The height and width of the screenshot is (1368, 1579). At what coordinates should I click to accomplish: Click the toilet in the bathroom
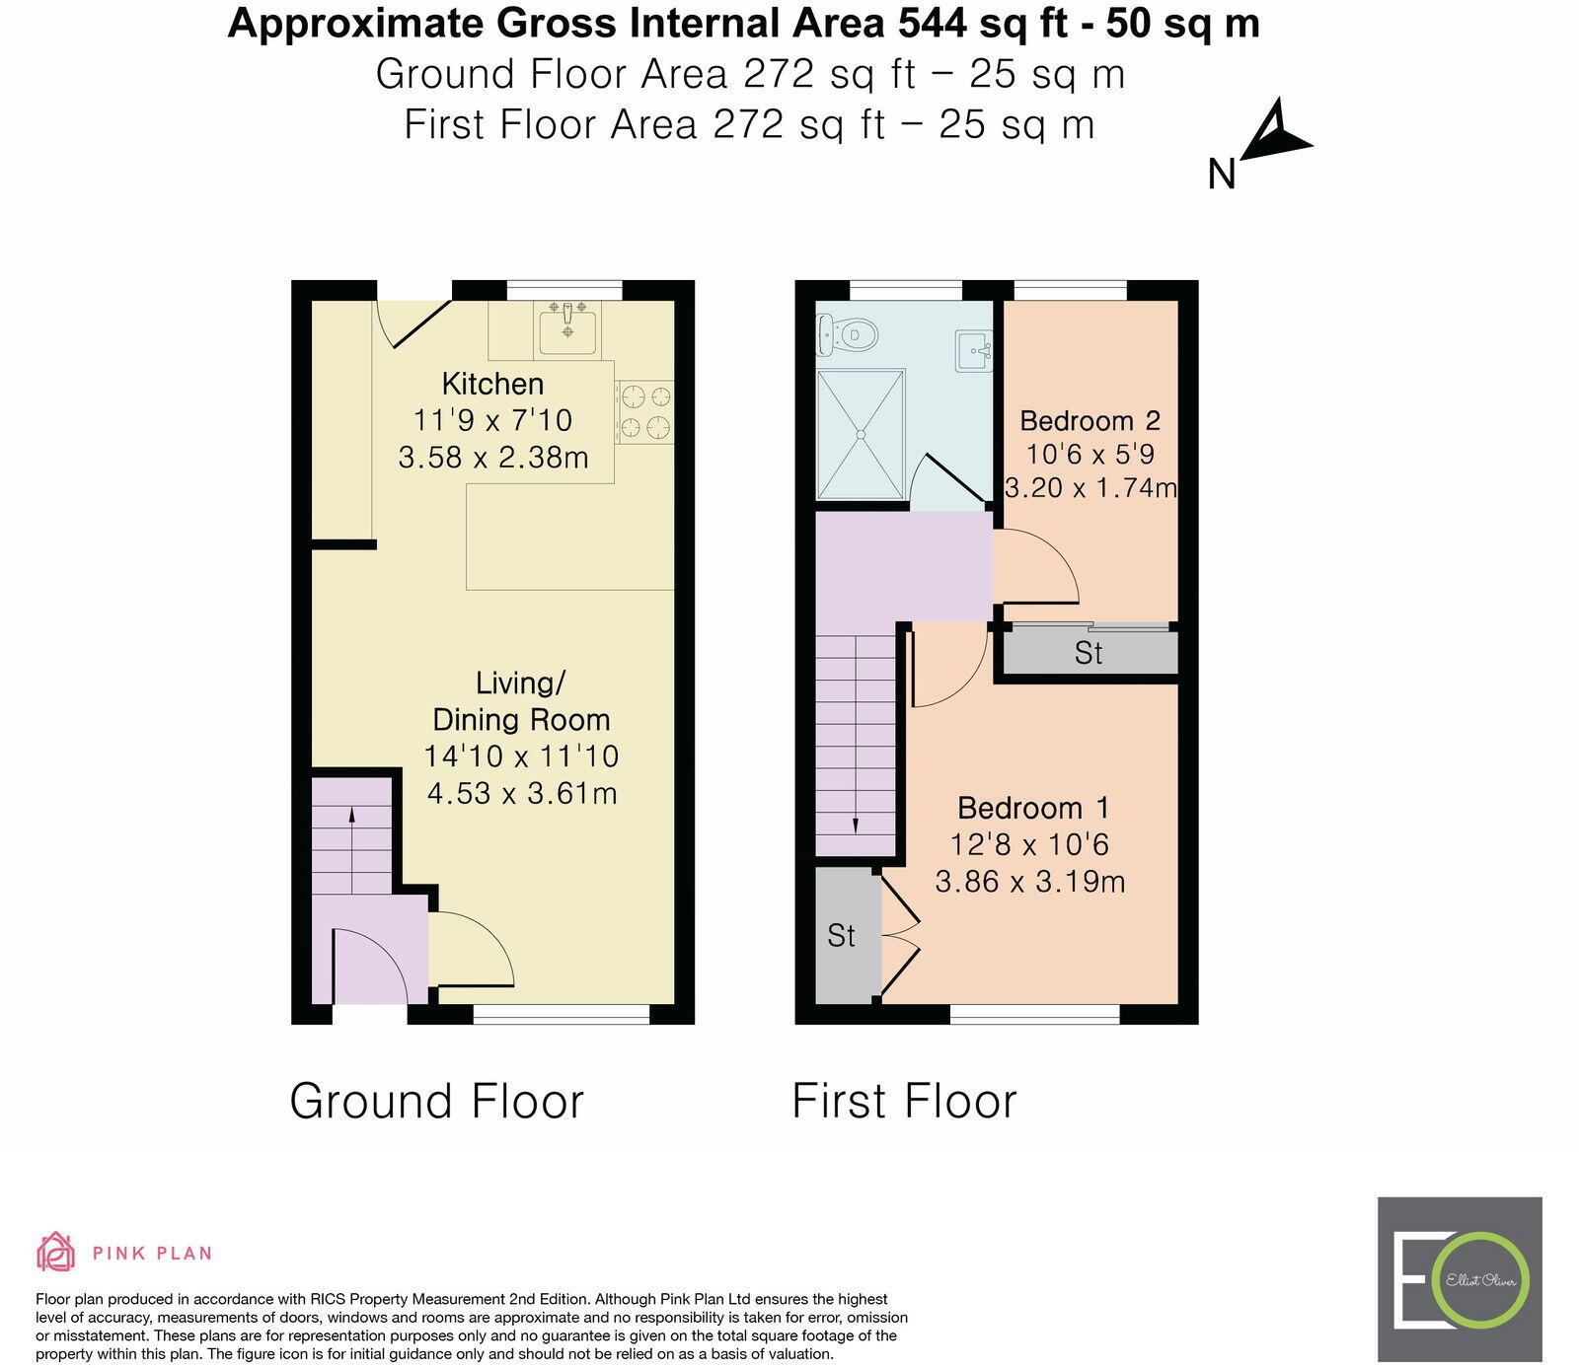[x=849, y=335]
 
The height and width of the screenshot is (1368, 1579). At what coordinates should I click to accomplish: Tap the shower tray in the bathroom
[x=861, y=434]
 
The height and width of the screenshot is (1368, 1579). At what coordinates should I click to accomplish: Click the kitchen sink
[x=567, y=328]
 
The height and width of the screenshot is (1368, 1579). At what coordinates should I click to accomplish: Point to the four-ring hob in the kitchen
[x=644, y=412]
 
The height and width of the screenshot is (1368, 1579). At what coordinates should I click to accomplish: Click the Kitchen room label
[x=492, y=384]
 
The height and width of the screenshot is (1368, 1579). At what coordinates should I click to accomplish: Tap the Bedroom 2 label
[x=1090, y=421]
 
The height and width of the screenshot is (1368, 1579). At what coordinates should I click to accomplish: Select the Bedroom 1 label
[x=1032, y=809]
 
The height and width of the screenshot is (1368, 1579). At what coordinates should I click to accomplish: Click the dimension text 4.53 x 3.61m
[x=522, y=793]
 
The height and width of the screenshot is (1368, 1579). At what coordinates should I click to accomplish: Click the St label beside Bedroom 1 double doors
[x=841, y=935]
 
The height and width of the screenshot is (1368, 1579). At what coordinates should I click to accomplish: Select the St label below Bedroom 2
[x=1089, y=653]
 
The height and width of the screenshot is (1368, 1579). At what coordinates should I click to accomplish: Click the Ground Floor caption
[x=436, y=1101]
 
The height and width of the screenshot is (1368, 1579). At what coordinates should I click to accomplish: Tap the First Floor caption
[x=903, y=1101]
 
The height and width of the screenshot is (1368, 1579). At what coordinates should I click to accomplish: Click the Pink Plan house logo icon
[x=56, y=1253]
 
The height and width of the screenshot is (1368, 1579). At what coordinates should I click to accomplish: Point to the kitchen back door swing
[x=413, y=323]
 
